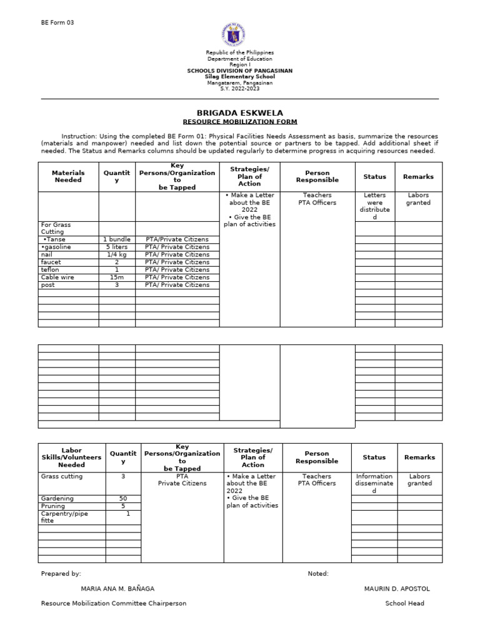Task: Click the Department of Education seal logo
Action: pos(234,35)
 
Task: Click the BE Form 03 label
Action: pos(57,22)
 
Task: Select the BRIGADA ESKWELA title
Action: pos(240,113)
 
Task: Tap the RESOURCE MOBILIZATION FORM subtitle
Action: pos(240,122)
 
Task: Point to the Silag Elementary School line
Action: pos(240,77)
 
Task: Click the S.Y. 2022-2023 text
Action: pos(240,89)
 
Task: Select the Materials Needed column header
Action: pos(68,176)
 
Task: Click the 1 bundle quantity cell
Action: pos(117,239)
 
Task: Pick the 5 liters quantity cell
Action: pos(117,247)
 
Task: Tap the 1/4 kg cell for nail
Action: pos(117,254)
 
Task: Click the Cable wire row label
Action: pos(56,277)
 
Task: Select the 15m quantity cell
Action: pos(117,277)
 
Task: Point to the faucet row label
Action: pos(51,262)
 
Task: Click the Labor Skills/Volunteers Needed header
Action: pos(71,457)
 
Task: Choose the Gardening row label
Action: pos(57,499)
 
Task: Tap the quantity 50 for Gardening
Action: pos(123,499)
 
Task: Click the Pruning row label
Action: pos(54,506)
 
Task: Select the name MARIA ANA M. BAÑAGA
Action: pos(117,589)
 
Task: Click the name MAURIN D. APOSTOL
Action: pos(397,589)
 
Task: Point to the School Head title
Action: pos(404,603)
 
